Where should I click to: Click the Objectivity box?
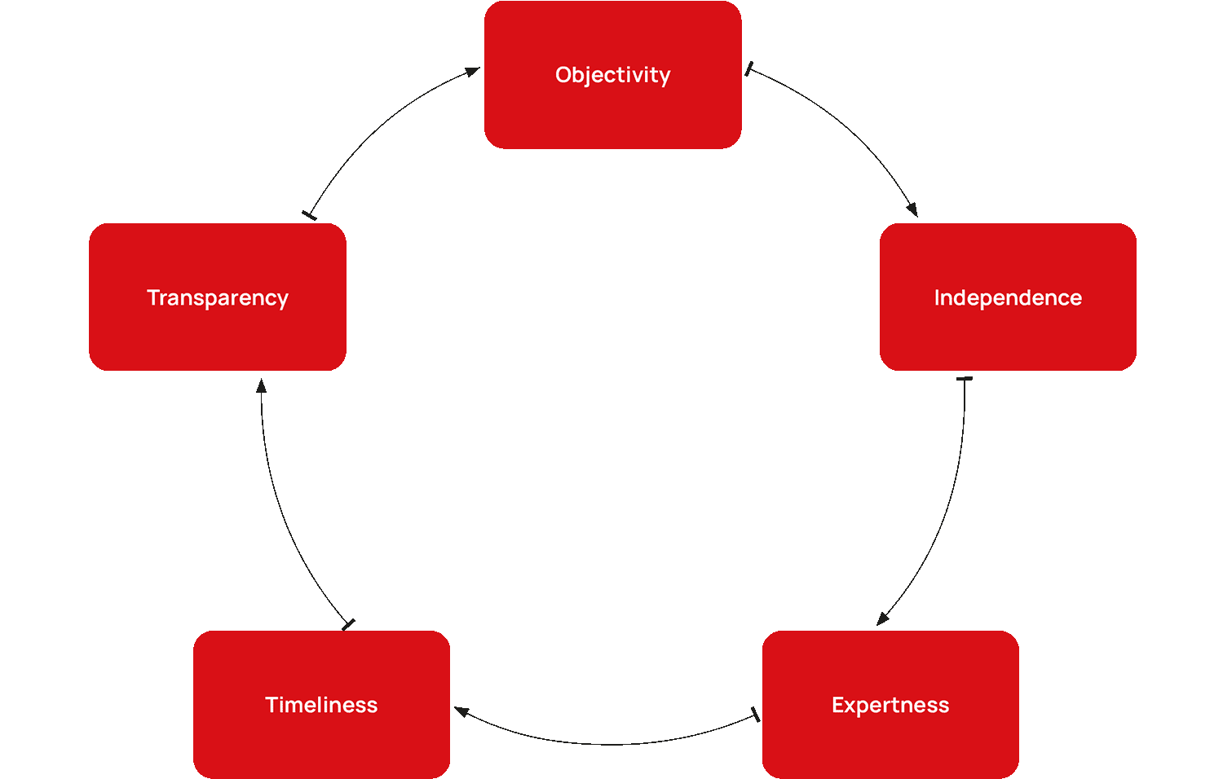pyautogui.click(x=612, y=75)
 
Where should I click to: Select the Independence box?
pyautogui.click(x=1008, y=297)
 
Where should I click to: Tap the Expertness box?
pyautogui.click(x=890, y=705)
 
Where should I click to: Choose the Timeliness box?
pyautogui.click(x=321, y=705)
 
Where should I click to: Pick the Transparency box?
pyautogui.click(x=218, y=297)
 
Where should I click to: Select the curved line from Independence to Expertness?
pyautogui.click(x=946, y=513)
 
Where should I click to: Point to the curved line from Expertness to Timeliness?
pyautogui.click(x=611, y=744)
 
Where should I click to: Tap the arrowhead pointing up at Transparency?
pyautogui.click(x=261, y=385)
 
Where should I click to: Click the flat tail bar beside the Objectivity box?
pyautogui.click(x=748, y=69)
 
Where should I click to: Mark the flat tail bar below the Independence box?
pyautogui.click(x=965, y=379)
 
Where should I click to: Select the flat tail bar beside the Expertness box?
pyautogui.click(x=755, y=715)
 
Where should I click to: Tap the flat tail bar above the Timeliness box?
pyautogui.click(x=349, y=625)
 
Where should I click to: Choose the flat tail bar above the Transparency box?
pyautogui.click(x=310, y=215)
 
